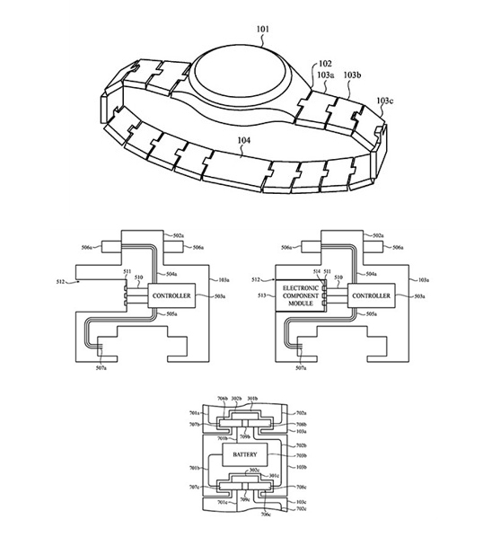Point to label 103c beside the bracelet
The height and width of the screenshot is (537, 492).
coord(384,101)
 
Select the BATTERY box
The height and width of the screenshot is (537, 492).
coord(245,455)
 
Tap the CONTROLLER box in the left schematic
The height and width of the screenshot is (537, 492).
coord(171,295)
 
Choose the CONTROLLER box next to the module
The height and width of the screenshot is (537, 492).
coord(370,295)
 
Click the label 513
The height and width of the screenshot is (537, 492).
coord(259,295)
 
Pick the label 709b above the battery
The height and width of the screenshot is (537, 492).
coord(245,436)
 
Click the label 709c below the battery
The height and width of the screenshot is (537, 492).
coord(245,499)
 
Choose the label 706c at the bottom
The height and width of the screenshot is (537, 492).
coord(267,515)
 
